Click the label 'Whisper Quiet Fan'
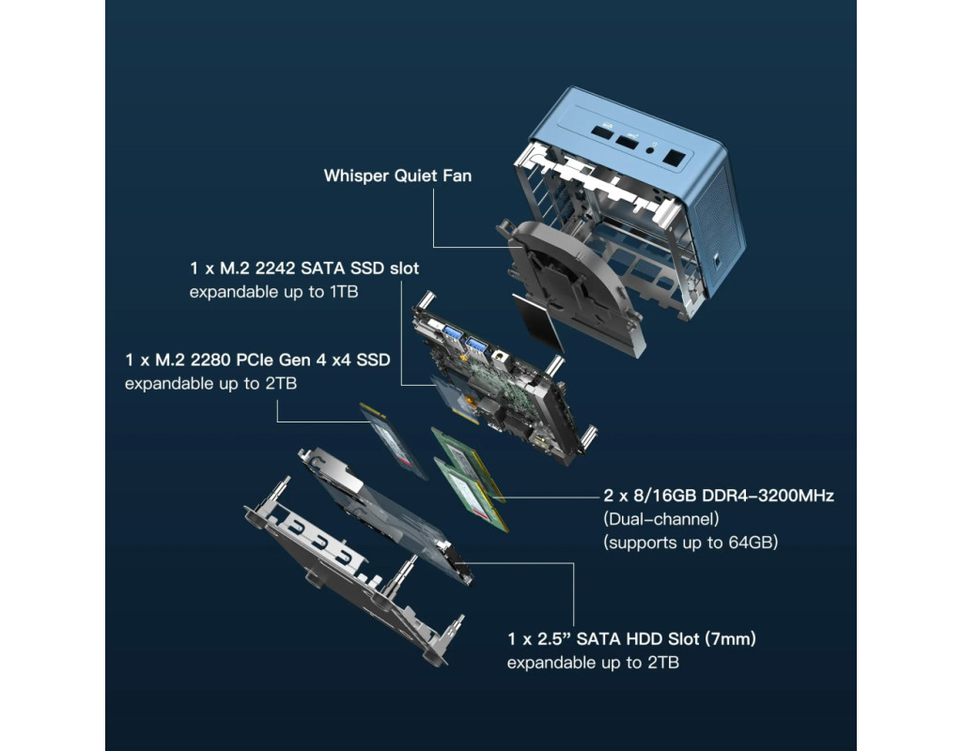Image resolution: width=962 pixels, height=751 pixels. (x=397, y=176)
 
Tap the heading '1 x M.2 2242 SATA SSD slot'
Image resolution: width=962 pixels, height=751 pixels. (x=304, y=268)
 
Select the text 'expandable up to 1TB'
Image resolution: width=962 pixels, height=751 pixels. (x=273, y=292)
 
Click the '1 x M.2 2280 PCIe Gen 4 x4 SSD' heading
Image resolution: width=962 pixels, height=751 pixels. (x=257, y=360)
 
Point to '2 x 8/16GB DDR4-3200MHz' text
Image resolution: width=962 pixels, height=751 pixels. (x=719, y=496)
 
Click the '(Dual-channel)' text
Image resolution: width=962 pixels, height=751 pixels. (x=660, y=519)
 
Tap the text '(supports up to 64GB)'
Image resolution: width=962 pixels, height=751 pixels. (x=690, y=543)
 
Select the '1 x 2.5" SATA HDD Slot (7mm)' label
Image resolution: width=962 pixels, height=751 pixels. (x=631, y=638)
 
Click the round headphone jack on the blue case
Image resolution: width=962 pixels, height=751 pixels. (x=650, y=149)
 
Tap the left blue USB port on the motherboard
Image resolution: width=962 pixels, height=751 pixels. (x=453, y=334)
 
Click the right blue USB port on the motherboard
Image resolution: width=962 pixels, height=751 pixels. (x=476, y=345)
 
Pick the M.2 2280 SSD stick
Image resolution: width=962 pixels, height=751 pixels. (x=393, y=441)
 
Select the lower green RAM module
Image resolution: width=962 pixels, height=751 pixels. (x=472, y=494)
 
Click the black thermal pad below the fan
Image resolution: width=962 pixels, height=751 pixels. (x=537, y=322)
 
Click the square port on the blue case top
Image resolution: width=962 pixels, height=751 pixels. (x=673, y=158)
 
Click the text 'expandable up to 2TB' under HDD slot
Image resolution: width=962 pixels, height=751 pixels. (x=593, y=663)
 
